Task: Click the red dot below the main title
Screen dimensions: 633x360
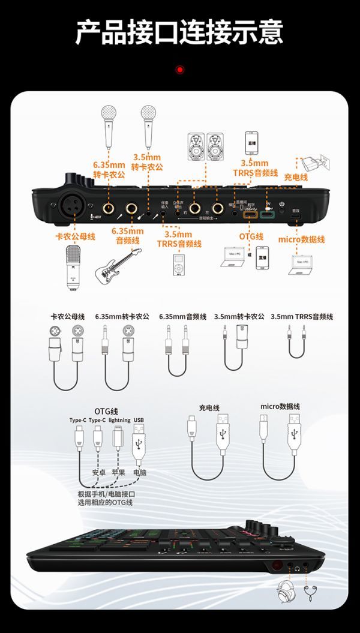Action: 179,70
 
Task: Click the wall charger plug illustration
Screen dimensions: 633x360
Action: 311,162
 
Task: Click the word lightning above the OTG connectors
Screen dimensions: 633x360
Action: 119,420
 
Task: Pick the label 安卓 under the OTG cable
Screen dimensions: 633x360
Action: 99,473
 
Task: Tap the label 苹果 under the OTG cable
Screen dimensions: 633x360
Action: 119,473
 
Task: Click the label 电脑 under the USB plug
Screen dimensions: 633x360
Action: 139,473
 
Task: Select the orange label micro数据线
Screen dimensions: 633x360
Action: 301,239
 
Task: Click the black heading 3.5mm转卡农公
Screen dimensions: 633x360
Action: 239,316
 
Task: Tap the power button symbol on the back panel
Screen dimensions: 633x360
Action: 281,204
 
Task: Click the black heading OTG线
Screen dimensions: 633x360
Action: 104,410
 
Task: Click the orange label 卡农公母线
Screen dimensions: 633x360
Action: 75,236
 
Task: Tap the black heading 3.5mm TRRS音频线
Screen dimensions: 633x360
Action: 301,316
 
